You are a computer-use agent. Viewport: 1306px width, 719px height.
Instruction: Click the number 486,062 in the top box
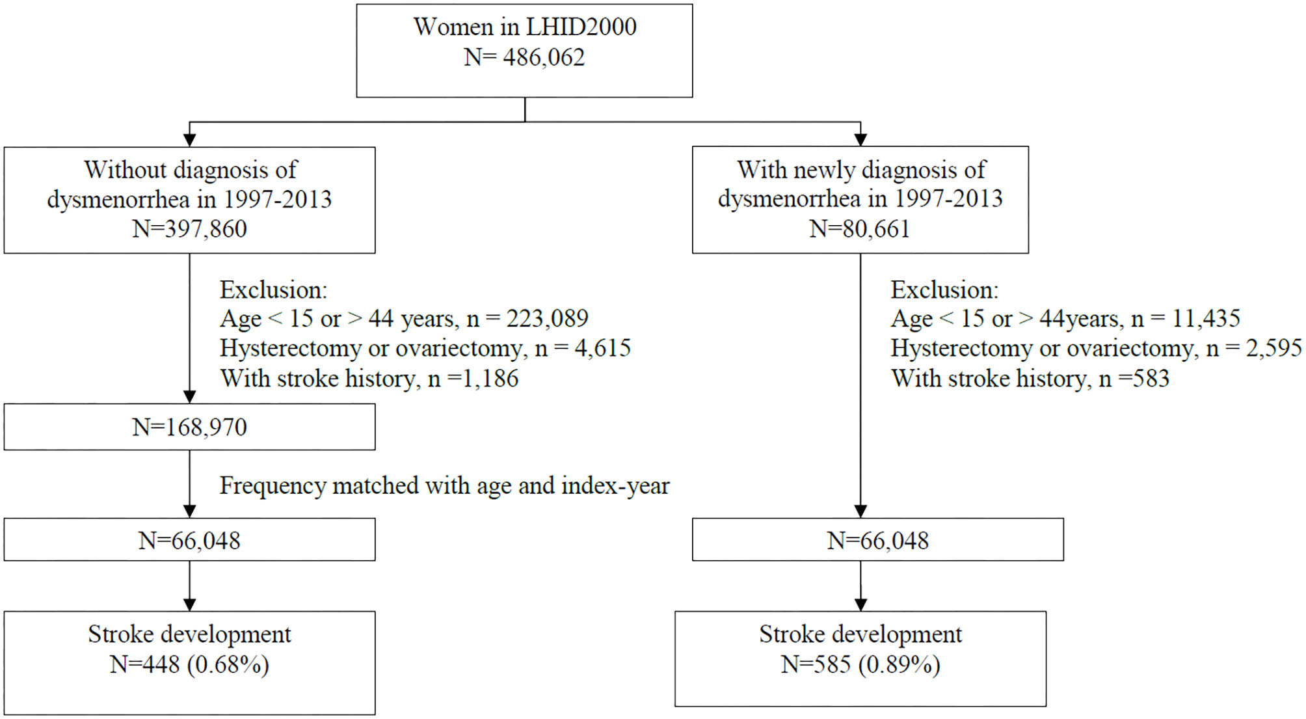pos(543,58)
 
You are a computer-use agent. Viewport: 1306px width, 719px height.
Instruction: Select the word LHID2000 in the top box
pos(581,27)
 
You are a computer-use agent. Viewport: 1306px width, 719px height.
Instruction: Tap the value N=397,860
pos(189,229)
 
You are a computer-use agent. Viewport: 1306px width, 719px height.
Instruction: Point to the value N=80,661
pos(859,229)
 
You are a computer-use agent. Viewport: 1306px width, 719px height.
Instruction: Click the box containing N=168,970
pos(189,427)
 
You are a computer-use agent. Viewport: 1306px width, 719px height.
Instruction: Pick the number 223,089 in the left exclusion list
pos(547,319)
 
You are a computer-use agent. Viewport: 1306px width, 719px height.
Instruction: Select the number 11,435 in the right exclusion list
pos(1206,319)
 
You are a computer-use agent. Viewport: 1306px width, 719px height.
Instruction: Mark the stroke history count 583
pos(1151,379)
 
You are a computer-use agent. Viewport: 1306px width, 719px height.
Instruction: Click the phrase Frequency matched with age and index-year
pos(444,486)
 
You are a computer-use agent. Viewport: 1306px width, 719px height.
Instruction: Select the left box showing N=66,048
pos(189,540)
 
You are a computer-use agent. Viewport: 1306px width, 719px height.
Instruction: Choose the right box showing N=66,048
pos(877,540)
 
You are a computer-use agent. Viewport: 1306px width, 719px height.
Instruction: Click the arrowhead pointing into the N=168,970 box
pos(189,397)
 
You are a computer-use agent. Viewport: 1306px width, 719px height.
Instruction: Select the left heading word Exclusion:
pos(273,290)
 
